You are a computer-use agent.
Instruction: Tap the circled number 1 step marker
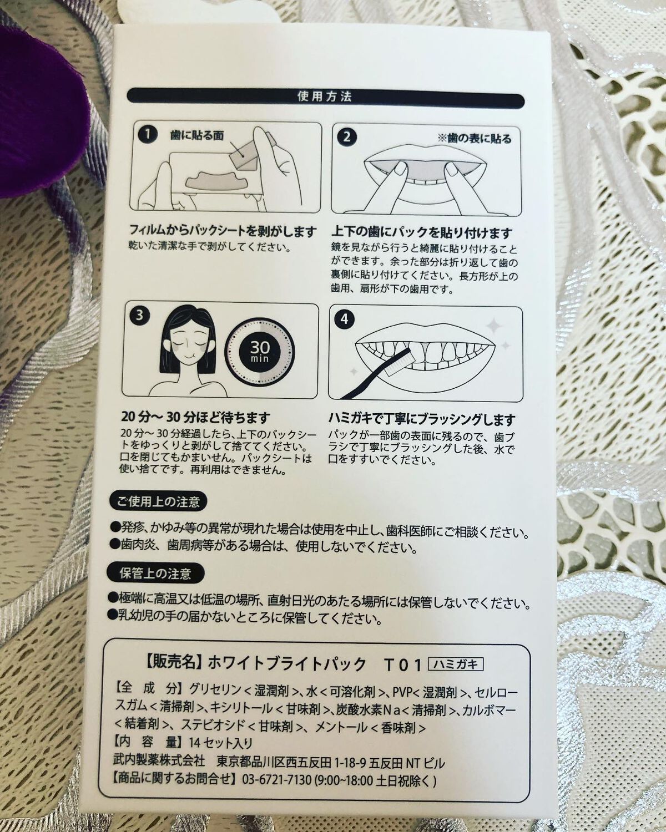145,134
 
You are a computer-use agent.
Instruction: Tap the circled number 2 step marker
346,136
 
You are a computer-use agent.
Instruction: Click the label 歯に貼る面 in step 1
197,135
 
